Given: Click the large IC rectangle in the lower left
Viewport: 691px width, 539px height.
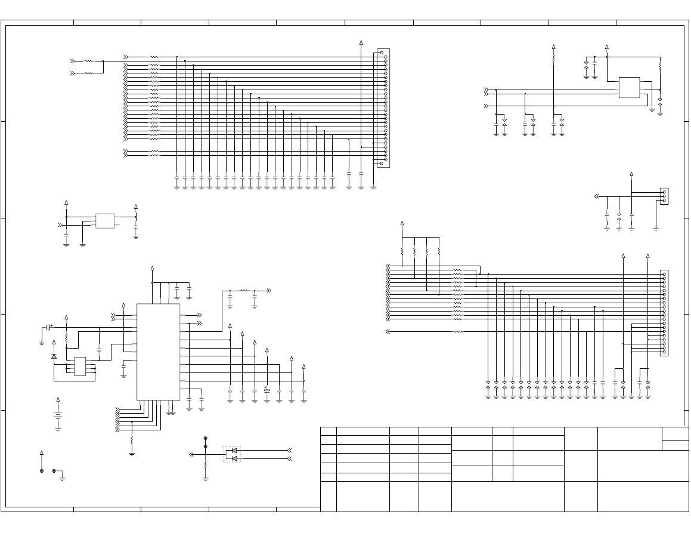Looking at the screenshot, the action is click(158, 352).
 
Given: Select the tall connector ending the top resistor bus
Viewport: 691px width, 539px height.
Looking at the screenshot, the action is click(383, 108).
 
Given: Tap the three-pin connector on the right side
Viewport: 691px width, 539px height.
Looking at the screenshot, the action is click(664, 196).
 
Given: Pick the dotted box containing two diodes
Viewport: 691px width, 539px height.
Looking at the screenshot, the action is click(232, 454).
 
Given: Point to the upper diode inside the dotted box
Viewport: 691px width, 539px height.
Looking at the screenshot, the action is click(234, 450).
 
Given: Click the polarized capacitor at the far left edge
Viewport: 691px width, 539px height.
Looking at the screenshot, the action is click(48, 327).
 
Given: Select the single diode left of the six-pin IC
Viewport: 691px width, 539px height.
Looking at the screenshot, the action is click(54, 356).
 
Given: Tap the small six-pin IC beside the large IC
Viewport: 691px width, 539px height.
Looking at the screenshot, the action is click(80, 366).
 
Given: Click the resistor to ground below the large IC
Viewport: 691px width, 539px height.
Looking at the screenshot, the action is click(132, 441).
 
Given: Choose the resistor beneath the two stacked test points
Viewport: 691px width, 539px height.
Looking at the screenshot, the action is click(205, 464).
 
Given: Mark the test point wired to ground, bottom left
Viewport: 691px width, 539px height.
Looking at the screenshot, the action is click(54, 471).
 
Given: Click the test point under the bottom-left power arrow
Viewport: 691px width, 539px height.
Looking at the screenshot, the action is click(41, 471).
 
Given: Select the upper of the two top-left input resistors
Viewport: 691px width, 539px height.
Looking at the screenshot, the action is click(89, 61).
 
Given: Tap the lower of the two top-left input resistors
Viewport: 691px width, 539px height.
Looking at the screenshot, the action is click(89, 73).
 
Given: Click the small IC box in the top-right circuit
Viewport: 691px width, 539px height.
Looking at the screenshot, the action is click(629, 87).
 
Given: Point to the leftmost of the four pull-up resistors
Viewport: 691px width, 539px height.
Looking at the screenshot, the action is click(402, 251).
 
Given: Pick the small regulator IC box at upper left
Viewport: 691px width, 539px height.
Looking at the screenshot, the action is click(105, 221).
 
